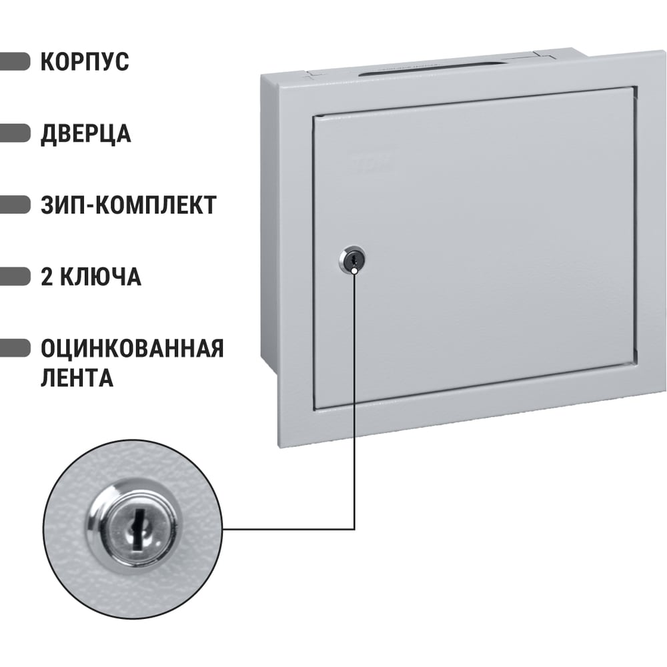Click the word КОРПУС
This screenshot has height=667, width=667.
click(85, 61)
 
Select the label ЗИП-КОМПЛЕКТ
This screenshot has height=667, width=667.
click(129, 205)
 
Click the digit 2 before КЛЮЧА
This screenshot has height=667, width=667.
click(47, 277)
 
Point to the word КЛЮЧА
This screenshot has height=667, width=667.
click(100, 277)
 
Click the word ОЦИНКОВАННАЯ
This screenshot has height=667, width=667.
click(132, 348)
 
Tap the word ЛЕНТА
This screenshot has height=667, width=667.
click(77, 378)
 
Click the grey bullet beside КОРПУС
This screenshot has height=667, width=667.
click(15, 61)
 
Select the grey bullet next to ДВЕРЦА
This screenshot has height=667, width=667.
click(15, 133)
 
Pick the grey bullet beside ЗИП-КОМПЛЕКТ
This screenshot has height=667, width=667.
click(15, 205)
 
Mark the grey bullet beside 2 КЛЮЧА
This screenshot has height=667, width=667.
click(15, 277)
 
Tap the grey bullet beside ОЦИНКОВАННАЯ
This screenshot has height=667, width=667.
click(15, 348)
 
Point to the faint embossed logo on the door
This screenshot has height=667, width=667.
click(370, 163)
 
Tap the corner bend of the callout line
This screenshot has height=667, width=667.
click(354, 530)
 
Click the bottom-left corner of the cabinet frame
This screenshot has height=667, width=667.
click(279, 447)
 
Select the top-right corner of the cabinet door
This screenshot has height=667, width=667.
click(636, 87)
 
